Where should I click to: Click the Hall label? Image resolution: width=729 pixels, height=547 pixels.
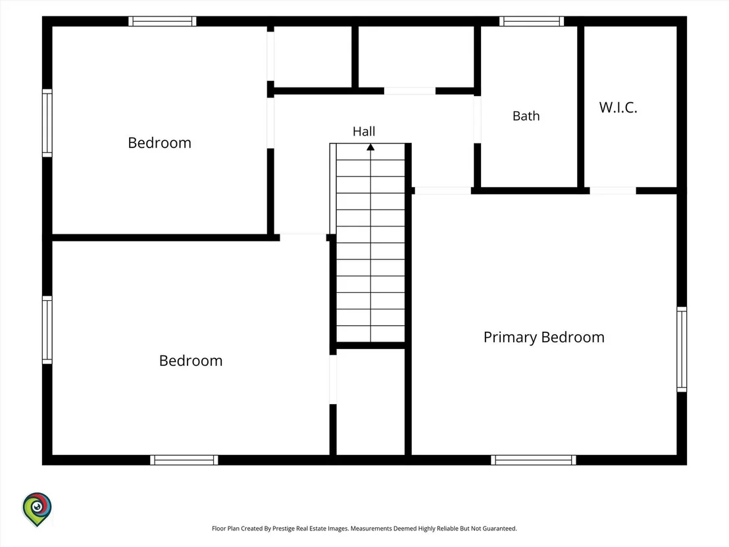click(364, 132)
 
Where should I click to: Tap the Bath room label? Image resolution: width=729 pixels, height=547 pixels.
click(526, 116)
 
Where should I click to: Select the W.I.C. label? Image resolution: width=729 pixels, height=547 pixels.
click(618, 107)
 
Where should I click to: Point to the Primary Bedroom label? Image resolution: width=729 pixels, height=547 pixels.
click(544, 337)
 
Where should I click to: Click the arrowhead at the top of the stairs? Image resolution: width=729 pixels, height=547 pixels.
click(370, 147)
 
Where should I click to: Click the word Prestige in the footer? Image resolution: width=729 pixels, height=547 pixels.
click(284, 529)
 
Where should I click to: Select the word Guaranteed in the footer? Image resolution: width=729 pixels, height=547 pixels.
click(499, 529)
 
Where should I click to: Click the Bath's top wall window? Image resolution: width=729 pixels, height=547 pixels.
click(532, 22)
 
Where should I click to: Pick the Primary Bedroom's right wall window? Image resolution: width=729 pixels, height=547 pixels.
click(682, 350)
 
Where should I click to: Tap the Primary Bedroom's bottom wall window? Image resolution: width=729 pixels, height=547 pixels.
click(534, 460)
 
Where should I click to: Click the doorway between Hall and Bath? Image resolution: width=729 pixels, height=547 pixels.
click(477, 120)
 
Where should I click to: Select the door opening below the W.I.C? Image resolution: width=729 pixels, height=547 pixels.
click(613, 191)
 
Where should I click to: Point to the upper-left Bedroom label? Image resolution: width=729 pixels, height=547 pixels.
click(159, 143)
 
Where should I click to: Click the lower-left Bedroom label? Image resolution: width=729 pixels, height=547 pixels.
click(191, 361)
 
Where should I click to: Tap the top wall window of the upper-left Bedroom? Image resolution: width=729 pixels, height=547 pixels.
click(163, 22)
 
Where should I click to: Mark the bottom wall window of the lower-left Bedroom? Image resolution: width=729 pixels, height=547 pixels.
click(184, 460)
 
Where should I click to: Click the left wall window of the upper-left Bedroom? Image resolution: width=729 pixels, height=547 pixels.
click(47, 123)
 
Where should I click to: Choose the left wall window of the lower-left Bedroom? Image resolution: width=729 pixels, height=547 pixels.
click(47, 330)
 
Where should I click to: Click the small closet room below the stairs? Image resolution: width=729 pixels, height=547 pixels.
click(370, 402)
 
